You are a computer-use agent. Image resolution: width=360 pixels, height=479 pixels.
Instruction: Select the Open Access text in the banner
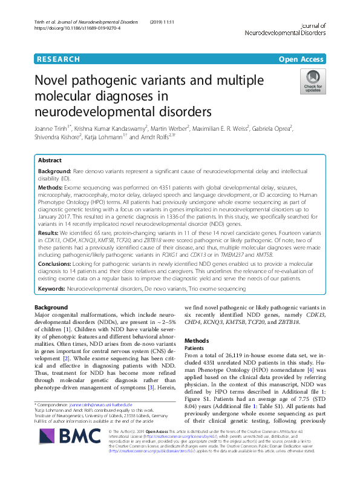click(302, 59)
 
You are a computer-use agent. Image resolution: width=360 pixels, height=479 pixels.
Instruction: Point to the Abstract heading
click(50, 161)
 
